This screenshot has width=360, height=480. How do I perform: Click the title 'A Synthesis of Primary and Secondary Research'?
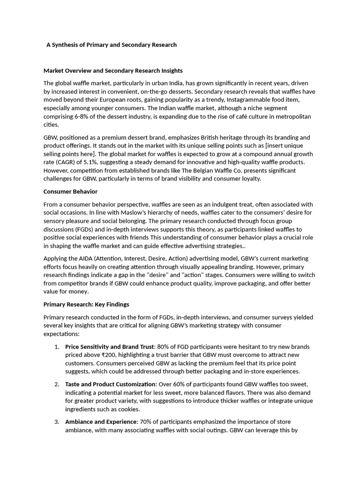pos(112,45)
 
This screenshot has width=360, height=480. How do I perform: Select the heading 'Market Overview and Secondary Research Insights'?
pos(113,71)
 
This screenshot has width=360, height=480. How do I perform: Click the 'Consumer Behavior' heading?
pos(70,192)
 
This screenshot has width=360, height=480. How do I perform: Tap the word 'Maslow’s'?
pos(143,213)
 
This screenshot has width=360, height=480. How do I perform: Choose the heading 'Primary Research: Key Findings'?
pos(86,304)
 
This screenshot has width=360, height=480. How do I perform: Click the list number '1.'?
pos(57,347)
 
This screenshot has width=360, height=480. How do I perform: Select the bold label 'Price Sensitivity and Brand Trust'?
pos(110,347)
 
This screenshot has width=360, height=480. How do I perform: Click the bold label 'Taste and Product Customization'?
pos(110,384)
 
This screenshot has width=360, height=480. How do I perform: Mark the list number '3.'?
pos(57,422)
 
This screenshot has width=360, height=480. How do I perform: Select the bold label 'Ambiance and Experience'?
pos(101,422)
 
